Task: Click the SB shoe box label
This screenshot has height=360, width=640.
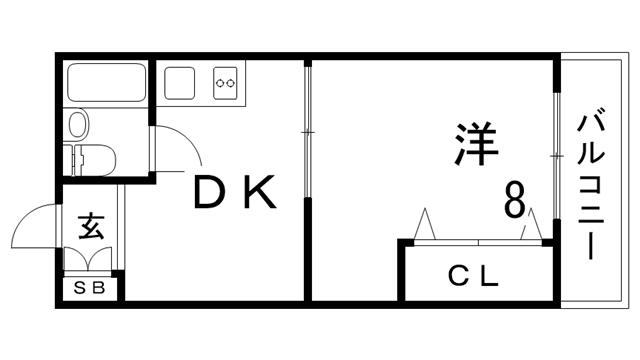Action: tap(89, 290)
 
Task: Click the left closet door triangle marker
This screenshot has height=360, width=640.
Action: tap(424, 223)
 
